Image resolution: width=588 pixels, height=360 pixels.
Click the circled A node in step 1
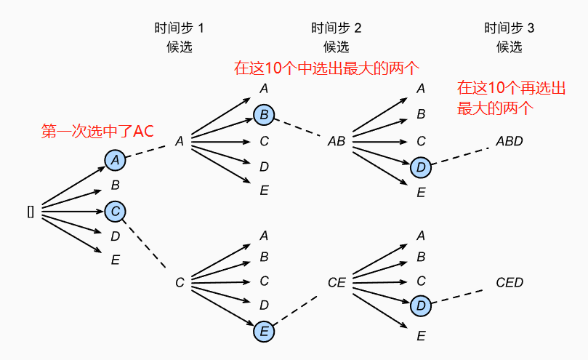click(x=115, y=161)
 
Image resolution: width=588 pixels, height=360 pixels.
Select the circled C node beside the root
click(x=115, y=211)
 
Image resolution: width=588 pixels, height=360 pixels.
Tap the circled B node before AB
click(x=265, y=114)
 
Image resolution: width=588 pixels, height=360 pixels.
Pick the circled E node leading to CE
click(x=264, y=332)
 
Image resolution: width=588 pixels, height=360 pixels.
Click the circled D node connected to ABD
click(x=421, y=167)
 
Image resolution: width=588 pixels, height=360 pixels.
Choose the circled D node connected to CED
click(x=421, y=306)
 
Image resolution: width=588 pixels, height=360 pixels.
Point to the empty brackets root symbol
click(x=31, y=211)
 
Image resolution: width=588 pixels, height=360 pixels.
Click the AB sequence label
click(x=336, y=141)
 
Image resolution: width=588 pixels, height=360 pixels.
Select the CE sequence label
click(x=336, y=281)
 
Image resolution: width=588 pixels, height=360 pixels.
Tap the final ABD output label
click(x=509, y=141)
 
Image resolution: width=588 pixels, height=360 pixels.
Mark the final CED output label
click(x=509, y=282)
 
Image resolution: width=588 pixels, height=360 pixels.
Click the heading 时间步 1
click(x=180, y=29)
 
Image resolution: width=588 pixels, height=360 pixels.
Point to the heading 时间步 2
click(x=337, y=29)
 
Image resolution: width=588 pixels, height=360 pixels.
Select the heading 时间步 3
click(x=510, y=29)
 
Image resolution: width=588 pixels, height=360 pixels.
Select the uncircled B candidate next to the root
click(x=115, y=185)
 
